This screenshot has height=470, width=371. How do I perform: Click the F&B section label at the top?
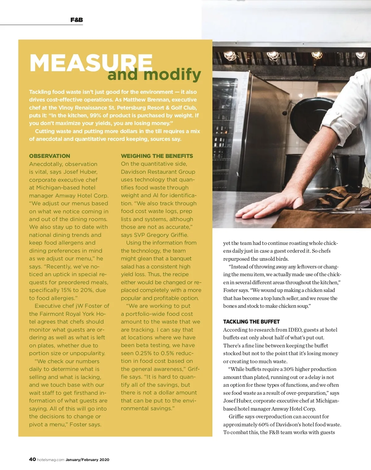pos(76,20)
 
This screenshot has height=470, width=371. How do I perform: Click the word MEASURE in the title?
pos(91,63)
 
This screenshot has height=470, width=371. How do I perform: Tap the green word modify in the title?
pos(172,74)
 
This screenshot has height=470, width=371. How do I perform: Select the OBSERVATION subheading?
pos(49,156)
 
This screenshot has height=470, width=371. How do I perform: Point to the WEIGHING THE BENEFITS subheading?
pos(157,156)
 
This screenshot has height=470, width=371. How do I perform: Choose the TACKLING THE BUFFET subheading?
pos(251,322)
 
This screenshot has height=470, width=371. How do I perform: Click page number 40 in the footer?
pos(32,459)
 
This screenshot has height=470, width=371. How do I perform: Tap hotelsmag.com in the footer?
pos(51,460)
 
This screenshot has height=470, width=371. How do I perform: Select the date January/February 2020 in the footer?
pos(87,460)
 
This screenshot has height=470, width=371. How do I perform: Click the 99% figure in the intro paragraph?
pos(96,115)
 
